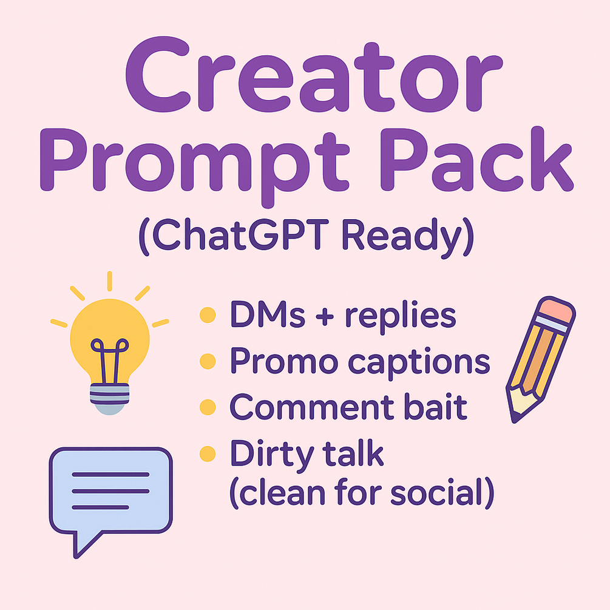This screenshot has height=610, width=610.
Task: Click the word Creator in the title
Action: [314, 75]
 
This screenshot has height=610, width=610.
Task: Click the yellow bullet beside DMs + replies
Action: [208, 315]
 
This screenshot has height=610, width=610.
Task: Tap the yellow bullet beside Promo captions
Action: [208, 361]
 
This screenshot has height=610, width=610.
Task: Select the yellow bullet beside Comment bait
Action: [208, 407]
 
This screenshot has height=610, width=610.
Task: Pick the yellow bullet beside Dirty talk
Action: [208, 453]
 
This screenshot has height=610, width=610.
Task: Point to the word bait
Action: [435, 407]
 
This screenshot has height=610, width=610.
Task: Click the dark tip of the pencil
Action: [515, 418]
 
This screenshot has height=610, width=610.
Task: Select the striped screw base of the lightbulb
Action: [110, 394]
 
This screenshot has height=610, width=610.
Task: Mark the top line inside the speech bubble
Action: [110, 475]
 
